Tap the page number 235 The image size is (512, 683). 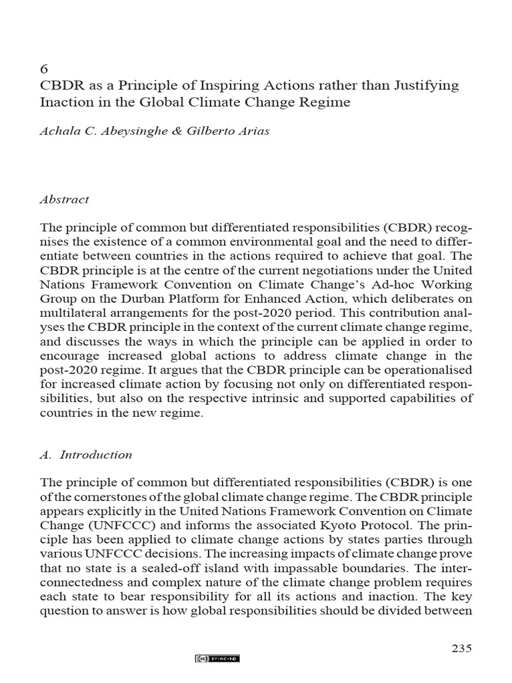pyautogui.click(x=461, y=648)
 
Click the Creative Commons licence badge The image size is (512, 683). pyautogui.click(x=217, y=658)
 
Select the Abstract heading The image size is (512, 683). pyautogui.click(x=65, y=199)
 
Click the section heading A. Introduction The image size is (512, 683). pyautogui.click(x=87, y=455)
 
